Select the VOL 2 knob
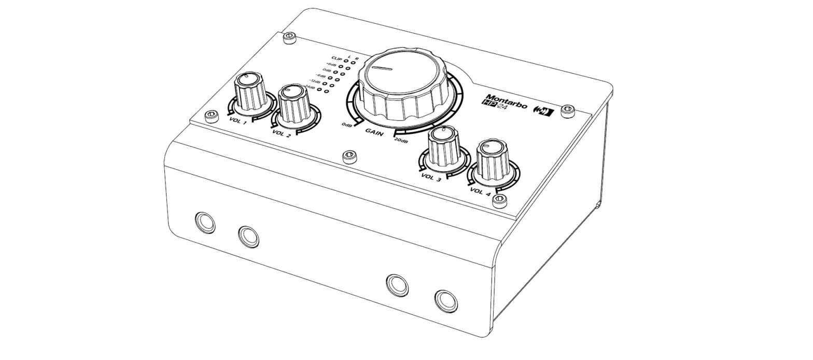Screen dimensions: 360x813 (294, 104)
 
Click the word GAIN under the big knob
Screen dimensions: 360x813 (374, 133)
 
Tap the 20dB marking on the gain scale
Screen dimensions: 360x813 (401, 141)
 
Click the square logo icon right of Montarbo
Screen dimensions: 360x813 (544, 111)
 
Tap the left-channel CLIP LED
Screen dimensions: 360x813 (346, 61)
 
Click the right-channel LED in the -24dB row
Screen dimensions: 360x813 (327, 92)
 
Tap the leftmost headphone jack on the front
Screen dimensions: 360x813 (205, 222)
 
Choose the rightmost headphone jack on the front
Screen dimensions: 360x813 (446, 301)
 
